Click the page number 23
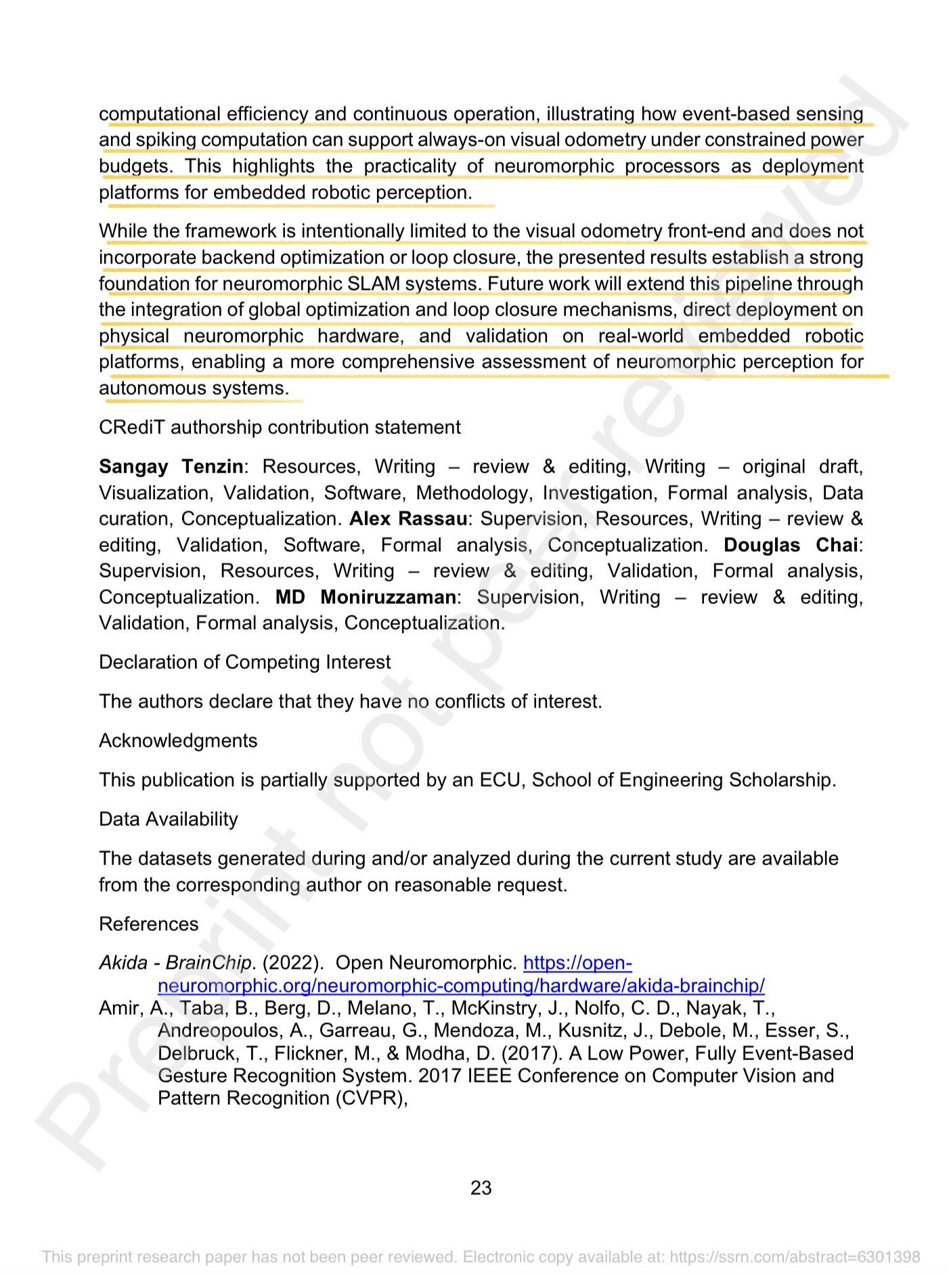point(481,1187)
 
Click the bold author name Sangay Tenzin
point(171,466)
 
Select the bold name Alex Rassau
point(407,519)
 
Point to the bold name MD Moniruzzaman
point(366,597)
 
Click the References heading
point(149,924)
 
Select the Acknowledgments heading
point(178,741)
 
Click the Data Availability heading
point(169,819)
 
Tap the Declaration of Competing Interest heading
point(245,662)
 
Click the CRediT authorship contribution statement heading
point(280,427)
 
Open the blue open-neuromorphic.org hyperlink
point(460,985)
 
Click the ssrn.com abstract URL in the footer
point(795,1257)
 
